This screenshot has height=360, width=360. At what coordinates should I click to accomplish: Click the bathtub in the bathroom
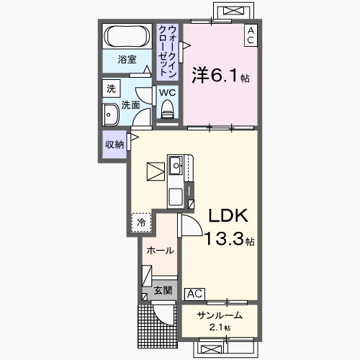point(127,36)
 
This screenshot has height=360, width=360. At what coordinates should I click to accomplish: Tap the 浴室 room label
point(127,59)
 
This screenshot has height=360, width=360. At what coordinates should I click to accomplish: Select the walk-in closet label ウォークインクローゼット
point(168,51)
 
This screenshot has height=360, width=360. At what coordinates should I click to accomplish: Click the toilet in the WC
point(168,109)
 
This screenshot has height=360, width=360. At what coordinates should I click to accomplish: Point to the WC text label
point(167,93)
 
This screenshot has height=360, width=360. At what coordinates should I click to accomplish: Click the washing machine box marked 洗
point(111,89)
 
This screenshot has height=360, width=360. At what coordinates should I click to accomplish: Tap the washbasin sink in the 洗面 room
point(110,115)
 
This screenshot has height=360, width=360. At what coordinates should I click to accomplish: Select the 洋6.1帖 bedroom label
point(220,76)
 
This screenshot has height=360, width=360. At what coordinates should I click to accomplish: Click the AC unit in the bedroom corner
point(251,35)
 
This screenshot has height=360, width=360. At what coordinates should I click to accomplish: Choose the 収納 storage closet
point(114,144)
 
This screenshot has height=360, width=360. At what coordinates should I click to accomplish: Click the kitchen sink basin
point(176,165)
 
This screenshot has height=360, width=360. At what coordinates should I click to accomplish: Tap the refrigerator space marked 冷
point(141,222)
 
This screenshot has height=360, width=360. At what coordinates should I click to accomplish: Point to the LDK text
point(228,215)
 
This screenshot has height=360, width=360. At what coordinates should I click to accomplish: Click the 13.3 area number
point(224,239)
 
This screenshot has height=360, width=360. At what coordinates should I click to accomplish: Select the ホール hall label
point(161,251)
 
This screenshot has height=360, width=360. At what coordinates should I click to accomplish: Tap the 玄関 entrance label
point(163,290)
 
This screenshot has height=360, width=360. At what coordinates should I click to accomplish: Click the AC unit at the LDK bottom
point(194,294)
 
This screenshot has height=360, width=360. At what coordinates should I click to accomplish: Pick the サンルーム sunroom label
point(220,315)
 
